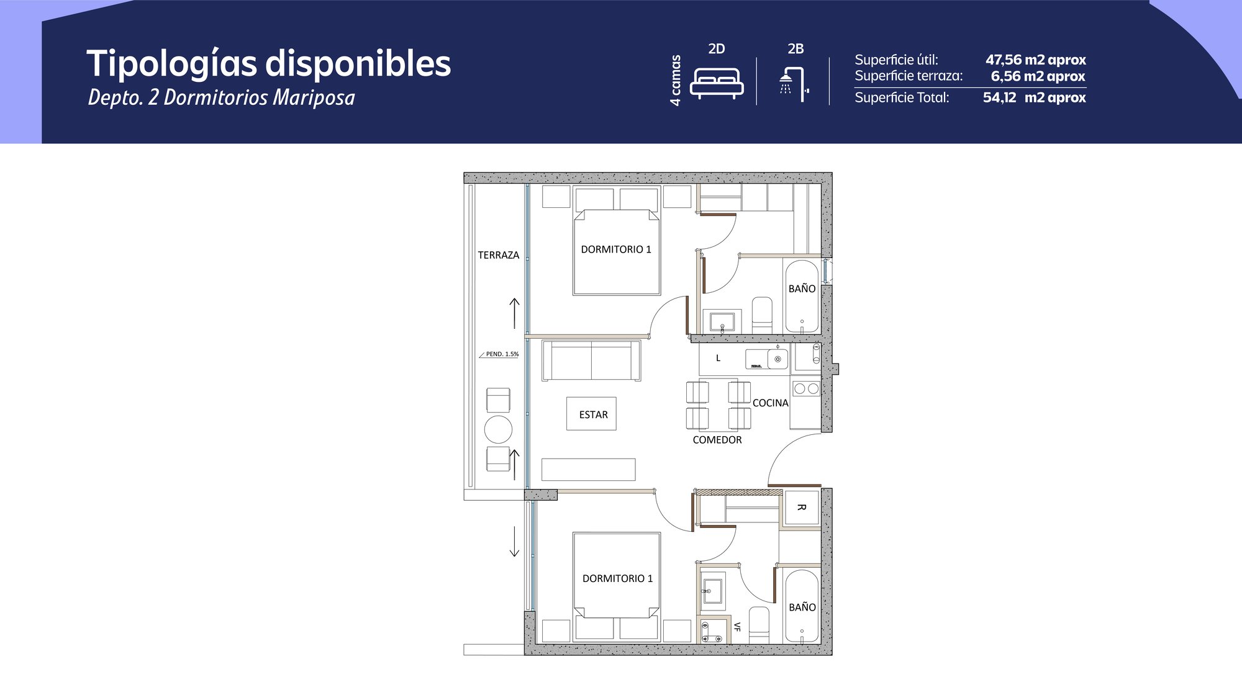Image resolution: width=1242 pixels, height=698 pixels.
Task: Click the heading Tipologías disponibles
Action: (269, 64)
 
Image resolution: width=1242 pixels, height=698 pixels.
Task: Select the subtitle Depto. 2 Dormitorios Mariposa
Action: (222, 97)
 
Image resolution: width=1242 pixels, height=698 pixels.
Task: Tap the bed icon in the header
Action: (717, 84)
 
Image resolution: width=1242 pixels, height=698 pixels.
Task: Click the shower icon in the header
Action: (794, 84)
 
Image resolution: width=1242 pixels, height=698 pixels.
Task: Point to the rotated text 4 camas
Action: (676, 80)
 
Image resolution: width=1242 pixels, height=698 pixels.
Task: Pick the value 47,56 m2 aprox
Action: (1036, 60)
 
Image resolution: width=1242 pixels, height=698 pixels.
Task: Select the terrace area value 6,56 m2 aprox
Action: (1038, 76)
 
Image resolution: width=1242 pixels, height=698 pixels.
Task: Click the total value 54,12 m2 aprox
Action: (1035, 97)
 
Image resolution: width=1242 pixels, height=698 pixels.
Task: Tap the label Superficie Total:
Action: (902, 97)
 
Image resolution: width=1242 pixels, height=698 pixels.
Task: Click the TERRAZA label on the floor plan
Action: (499, 255)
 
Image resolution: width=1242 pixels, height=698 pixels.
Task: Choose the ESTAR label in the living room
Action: (594, 414)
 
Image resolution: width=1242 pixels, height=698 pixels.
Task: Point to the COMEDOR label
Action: (717, 440)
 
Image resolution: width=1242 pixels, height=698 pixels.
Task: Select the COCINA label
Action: (771, 403)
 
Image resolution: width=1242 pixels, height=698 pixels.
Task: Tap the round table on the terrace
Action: (498, 429)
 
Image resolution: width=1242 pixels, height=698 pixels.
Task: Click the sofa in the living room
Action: (591, 360)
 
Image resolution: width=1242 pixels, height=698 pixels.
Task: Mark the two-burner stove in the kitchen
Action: (806, 388)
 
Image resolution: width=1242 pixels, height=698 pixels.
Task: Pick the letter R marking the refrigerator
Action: (801, 508)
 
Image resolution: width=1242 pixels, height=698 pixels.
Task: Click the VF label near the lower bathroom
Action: (737, 627)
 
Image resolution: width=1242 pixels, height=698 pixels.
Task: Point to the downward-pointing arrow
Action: (514, 541)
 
